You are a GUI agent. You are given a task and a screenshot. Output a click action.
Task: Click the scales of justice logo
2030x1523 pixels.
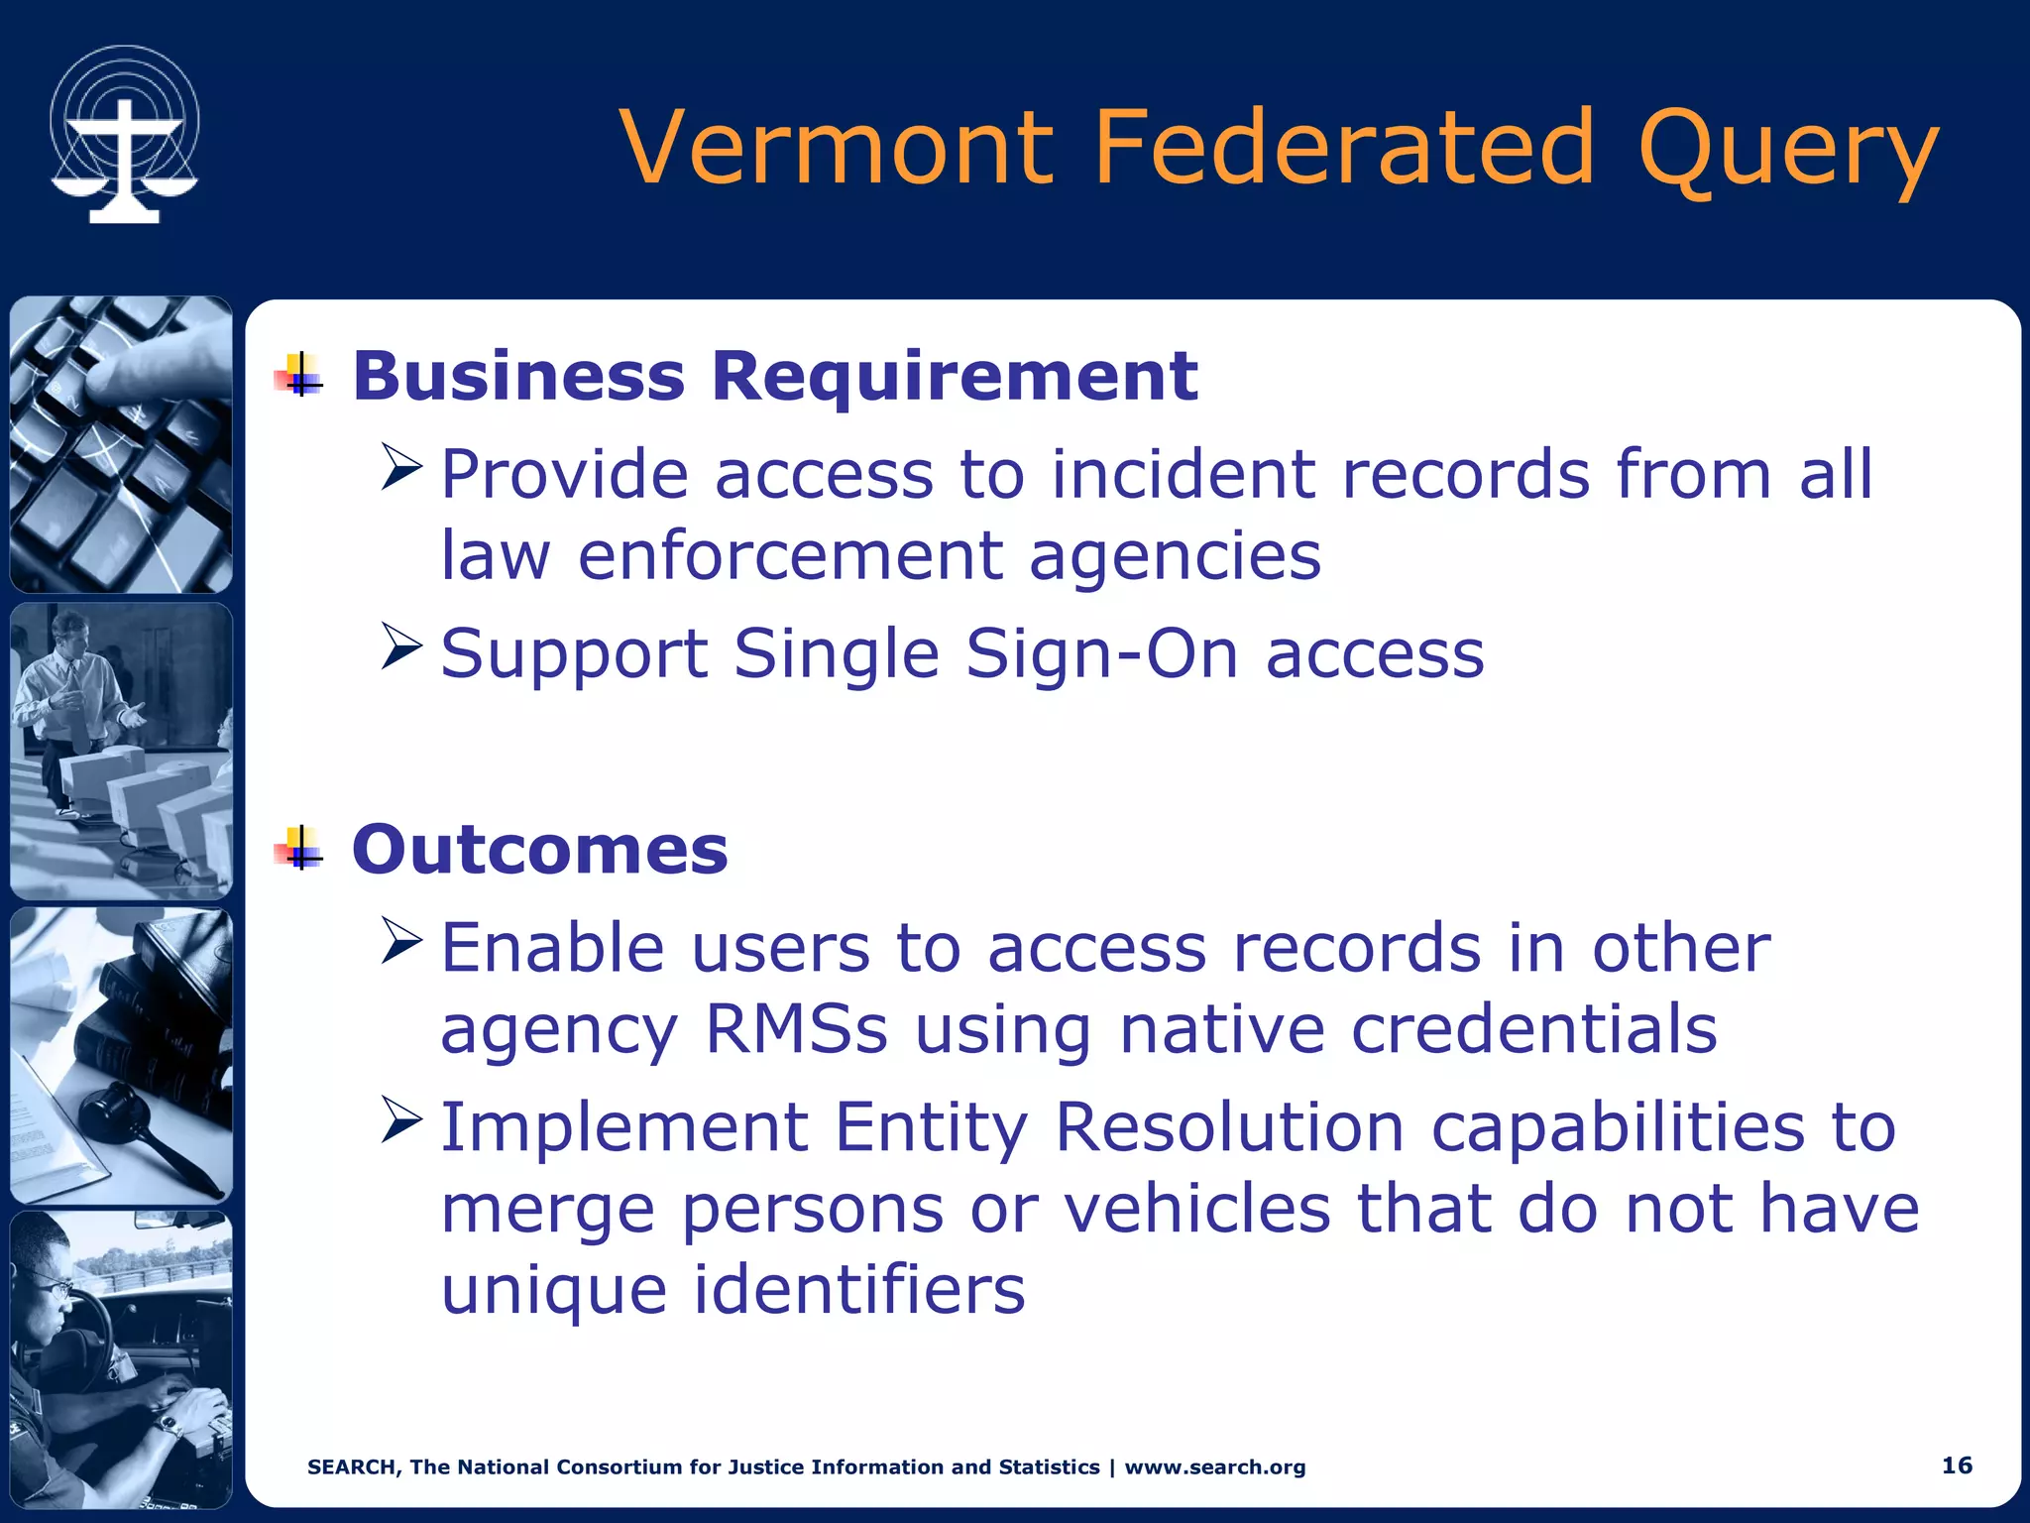click(124, 136)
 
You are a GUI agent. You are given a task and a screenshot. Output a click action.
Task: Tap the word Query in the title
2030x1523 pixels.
click(1787, 151)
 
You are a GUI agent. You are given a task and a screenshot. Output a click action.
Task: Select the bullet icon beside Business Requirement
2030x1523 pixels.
click(299, 376)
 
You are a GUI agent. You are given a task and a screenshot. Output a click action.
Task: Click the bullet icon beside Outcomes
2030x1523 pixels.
click(299, 849)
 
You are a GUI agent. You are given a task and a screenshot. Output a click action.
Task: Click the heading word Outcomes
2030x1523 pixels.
click(540, 850)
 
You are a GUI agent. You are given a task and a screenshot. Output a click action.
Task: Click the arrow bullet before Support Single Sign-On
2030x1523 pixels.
click(401, 646)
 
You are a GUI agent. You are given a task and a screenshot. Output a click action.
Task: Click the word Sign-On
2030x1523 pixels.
click(1101, 654)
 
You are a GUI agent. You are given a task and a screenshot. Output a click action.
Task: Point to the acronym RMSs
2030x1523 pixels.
click(796, 1029)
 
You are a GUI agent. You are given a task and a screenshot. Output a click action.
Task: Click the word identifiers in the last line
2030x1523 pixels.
click(858, 1290)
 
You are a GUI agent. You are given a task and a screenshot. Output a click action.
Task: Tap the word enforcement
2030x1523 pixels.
click(790, 555)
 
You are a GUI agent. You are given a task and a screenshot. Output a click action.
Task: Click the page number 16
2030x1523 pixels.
click(1956, 1465)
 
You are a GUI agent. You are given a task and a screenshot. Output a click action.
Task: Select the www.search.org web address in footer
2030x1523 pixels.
click(1214, 1467)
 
